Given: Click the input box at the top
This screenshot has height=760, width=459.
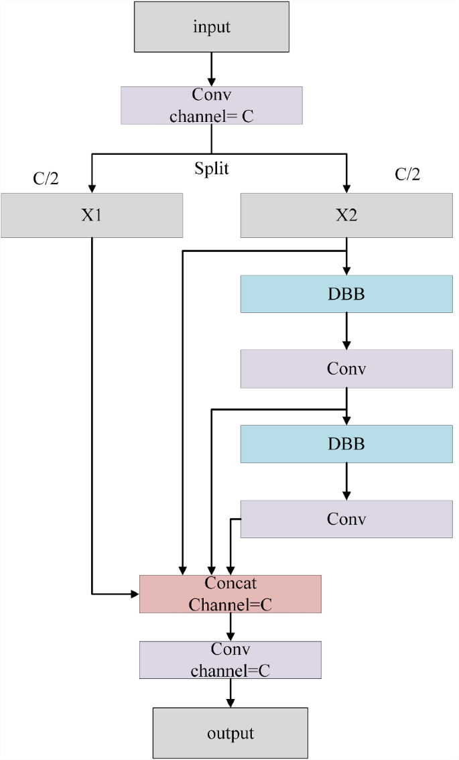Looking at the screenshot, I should (x=212, y=27).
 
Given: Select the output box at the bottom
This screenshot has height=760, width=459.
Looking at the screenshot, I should (x=230, y=733).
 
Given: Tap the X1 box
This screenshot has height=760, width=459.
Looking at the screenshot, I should (x=92, y=215).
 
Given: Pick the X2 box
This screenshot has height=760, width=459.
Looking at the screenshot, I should (x=346, y=215).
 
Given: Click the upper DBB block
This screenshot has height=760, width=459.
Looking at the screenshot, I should (x=346, y=294).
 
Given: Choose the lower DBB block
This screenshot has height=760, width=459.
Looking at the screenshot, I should (x=346, y=444).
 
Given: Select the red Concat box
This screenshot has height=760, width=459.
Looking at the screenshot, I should (x=231, y=594).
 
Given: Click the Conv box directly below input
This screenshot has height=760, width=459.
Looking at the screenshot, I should (x=212, y=105).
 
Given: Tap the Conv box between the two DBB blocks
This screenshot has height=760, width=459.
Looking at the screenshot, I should (x=346, y=369).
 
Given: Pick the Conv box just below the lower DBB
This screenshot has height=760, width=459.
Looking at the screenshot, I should (x=346, y=519).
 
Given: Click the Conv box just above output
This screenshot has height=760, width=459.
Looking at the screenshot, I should (x=230, y=659).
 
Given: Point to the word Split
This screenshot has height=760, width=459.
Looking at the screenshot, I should (x=212, y=168).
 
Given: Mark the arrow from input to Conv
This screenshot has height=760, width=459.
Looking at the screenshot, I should (x=212, y=69).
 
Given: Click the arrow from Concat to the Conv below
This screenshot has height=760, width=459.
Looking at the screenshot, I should (x=231, y=627).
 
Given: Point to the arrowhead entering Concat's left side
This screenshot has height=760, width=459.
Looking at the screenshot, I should (x=133, y=594).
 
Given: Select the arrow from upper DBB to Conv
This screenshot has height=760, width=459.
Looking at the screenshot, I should (x=346, y=330).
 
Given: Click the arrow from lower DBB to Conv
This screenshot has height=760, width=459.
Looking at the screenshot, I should (x=346, y=481).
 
